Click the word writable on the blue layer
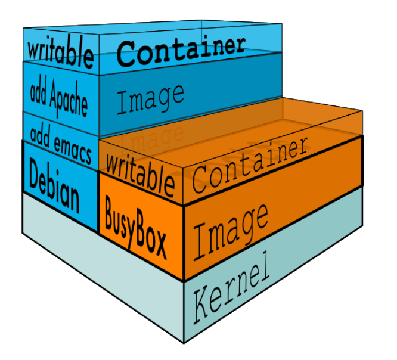pos(60,52)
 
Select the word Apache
pos(67,99)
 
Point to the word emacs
pos(72,150)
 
